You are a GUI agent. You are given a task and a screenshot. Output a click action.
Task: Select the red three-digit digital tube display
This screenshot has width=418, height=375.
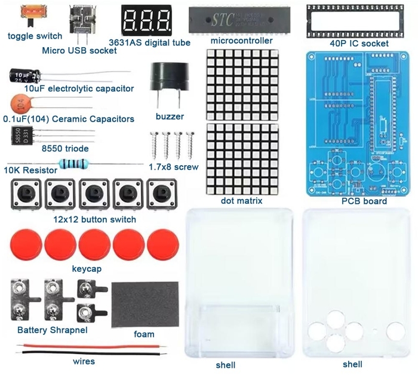[x=146, y=20]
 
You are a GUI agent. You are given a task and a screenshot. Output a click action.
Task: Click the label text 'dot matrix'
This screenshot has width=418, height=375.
[x=241, y=201]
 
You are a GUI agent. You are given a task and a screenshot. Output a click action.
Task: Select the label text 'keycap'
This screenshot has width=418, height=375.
[x=86, y=268]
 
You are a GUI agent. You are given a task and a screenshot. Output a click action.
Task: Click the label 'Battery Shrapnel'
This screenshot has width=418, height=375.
[x=52, y=330]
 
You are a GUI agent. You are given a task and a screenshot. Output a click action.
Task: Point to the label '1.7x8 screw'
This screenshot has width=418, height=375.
[x=173, y=167]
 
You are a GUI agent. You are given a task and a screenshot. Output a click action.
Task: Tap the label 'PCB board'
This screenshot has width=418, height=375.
[x=364, y=202]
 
